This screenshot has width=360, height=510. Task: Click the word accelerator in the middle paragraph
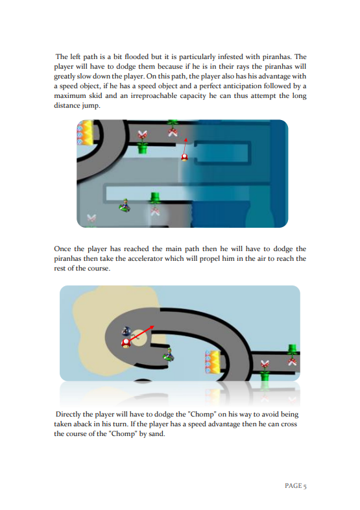click(x=145, y=259)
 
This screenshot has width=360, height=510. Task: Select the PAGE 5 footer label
click(x=296, y=485)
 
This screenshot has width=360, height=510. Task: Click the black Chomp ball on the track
click(x=126, y=331)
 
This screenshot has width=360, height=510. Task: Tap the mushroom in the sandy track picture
click(x=126, y=343)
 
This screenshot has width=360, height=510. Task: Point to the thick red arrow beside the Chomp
click(x=141, y=333)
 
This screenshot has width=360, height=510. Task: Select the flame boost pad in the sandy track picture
click(x=213, y=361)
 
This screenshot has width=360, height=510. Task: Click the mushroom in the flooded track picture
click(x=184, y=158)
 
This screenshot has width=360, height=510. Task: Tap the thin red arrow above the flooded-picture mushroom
click(x=185, y=146)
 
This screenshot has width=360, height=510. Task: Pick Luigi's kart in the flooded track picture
click(x=125, y=205)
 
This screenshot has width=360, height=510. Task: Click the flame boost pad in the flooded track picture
click(x=85, y=132)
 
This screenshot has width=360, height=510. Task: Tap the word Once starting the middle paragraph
click(x=62, y=249)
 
